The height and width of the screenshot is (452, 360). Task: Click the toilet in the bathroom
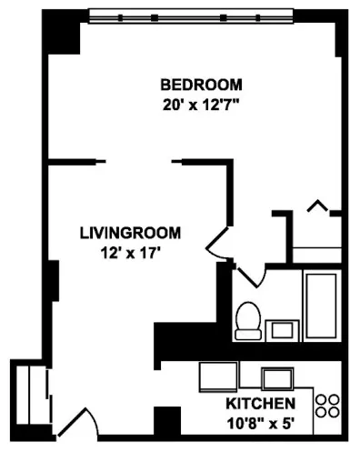[x=246, y=319]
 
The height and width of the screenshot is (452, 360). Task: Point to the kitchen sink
[x=276, y=377]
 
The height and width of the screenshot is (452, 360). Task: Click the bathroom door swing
[x=248, y=272]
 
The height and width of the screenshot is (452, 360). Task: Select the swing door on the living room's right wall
[x=218, y=239]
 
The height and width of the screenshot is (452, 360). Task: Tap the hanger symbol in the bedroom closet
[x=317, y=206]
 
